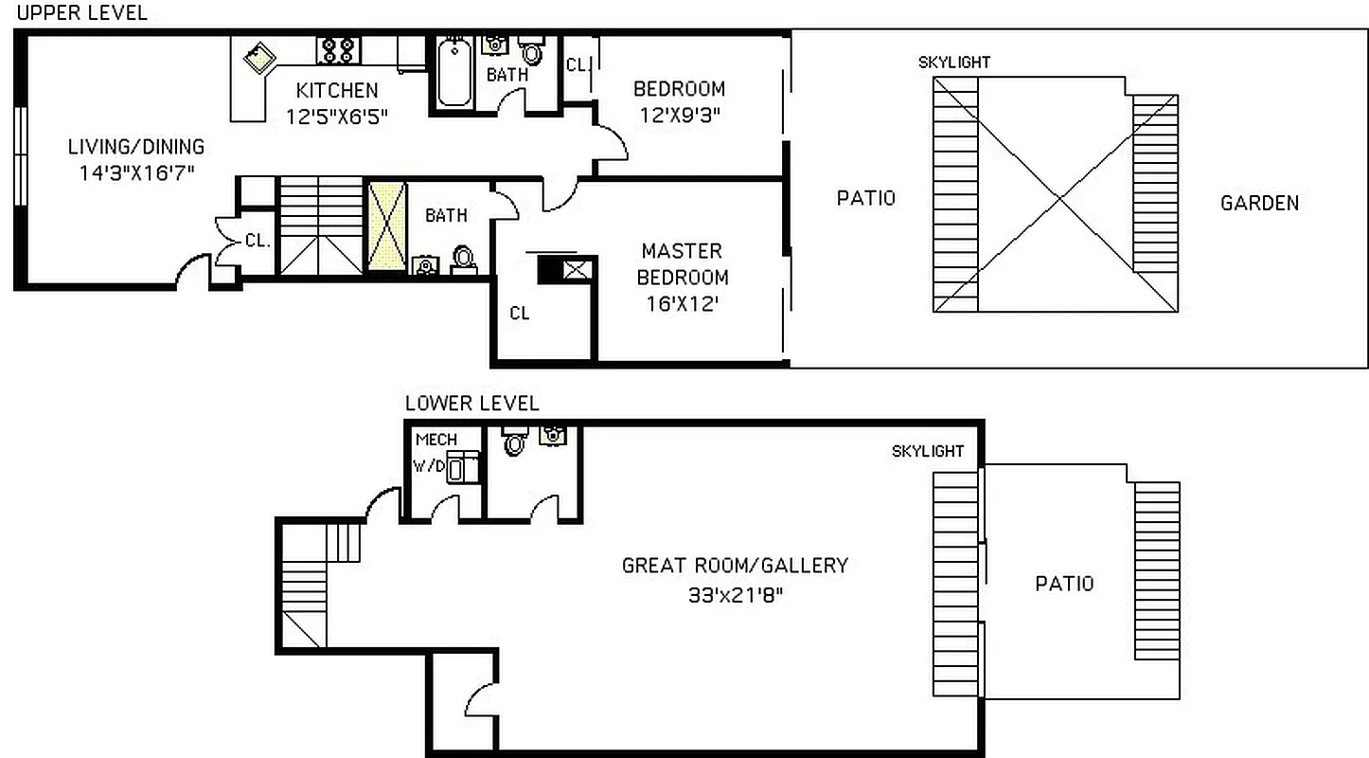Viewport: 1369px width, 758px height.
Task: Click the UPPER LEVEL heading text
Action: pos(82,13)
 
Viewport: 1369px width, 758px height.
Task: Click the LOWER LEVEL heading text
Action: pos(471,404)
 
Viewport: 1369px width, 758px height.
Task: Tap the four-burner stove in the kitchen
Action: pos(338,50)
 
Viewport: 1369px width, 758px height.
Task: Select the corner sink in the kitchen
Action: pos(258,61)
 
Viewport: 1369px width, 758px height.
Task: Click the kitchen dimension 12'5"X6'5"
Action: pos(336,116)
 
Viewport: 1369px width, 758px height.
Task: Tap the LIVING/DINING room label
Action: pos(135,147)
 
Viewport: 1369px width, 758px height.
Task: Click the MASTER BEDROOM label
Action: pos(682,264)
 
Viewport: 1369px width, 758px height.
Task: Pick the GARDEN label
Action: pos(1259,203)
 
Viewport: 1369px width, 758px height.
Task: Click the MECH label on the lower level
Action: pos(436,440)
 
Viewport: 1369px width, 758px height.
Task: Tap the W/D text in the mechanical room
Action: pos(427,466)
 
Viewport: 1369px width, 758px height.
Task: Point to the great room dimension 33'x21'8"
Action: pos(734,596)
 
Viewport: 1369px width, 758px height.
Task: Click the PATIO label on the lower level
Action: pos(1063,584)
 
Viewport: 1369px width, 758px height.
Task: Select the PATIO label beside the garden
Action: pos(865,198)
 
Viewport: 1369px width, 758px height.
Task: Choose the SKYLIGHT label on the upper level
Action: pos(953,63)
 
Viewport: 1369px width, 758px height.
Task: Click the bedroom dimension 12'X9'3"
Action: pos(679,116)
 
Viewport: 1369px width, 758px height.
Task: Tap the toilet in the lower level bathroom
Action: pos(515,442)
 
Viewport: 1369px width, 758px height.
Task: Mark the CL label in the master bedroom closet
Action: pos(519,314)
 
